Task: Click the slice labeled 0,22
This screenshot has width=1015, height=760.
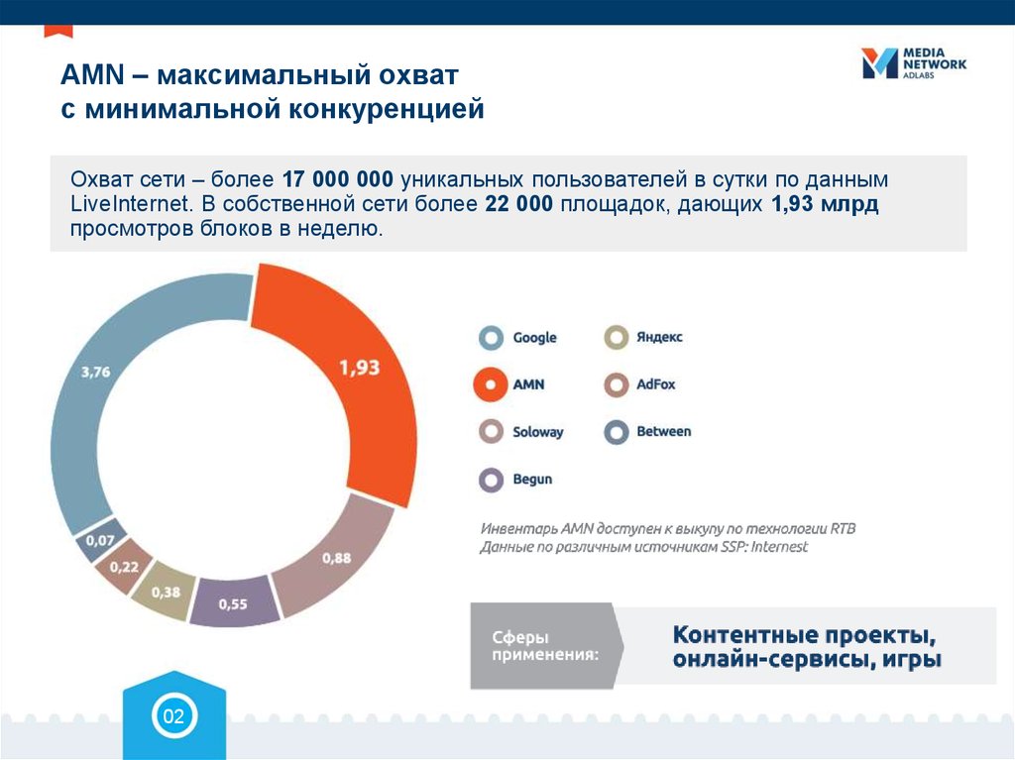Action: pyautogui.click(x=123, y=566)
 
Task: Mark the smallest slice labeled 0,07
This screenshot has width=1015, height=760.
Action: pyautogui.click(x=99, y=539)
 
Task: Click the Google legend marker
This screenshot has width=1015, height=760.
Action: pyautogui.click(x=491, y=338)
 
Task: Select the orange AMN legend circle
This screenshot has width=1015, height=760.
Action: pyautogui.click(x=491, y=385)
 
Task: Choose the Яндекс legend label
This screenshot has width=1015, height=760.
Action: pyautogui.click(x=659, y=337)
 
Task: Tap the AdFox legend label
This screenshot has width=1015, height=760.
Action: pyautogui.click(x=656, y=384)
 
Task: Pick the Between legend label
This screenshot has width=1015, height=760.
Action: pyautogui.click(x=663, y=432)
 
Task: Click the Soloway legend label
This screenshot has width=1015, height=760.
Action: pyautogui.click(x=537, y=432)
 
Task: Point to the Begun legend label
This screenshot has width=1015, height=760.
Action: pyautogui.click(x=532, y=480)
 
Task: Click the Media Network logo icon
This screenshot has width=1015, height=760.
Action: pyautogui.click(x=878, y=62)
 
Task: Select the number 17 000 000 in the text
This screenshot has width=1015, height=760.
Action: pyautogui.click(x=339, y=181)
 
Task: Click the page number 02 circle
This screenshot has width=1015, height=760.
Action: pyautogui.click(x=173, y=716)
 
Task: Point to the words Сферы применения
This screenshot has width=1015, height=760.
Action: pyautogui.click(x=544, y=645)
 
